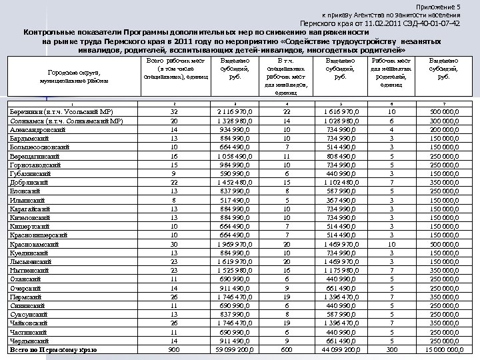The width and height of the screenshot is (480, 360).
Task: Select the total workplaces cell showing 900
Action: (174, 349)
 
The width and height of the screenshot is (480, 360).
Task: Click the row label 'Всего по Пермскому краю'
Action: (50, 349)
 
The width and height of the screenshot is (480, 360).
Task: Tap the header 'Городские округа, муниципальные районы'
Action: (69, 75)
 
